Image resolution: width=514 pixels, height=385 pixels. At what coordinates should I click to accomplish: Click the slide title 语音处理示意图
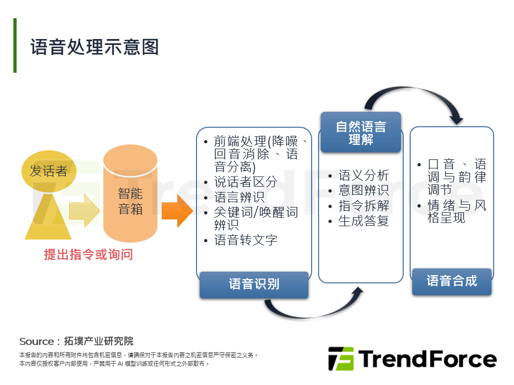click(x=95, y=47)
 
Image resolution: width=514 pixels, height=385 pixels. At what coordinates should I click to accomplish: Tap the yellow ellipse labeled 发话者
click(x=48, y=171)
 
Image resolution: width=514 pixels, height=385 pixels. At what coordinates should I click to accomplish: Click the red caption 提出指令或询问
click(x=88, y=255)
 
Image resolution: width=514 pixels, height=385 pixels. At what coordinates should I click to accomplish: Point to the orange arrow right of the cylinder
click(x=176, y=211)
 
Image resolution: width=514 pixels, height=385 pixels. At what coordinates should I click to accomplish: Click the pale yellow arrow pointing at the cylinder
click(x=85, y=211)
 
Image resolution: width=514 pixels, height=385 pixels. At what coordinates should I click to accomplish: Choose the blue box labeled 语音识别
click(x=254, y=284)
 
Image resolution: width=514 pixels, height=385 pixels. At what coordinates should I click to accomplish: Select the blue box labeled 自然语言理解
click(x=360, y=133)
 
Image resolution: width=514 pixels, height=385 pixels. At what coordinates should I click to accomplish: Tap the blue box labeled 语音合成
click(x=451, y=281)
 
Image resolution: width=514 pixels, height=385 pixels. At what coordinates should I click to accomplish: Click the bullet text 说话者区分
click(x=245, y=182)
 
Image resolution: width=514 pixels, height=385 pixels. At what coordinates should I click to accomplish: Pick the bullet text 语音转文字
click(x=246, y=240)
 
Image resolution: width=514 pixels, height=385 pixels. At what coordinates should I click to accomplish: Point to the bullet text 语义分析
click(x=364, y=175)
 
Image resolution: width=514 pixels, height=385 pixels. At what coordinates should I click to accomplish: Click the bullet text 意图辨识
click(x=364, y=190)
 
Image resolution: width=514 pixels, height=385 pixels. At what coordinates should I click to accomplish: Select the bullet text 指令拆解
click(x=364, y=206)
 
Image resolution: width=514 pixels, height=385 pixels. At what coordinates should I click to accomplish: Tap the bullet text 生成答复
click(x=364, y=221)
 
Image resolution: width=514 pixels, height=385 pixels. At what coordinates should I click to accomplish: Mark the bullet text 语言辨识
click(x=239, y=197)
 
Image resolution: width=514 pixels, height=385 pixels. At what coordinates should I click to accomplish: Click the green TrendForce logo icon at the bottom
click(x=341, y=359)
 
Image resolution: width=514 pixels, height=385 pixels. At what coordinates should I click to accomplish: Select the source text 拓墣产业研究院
click(x=99, y=341)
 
